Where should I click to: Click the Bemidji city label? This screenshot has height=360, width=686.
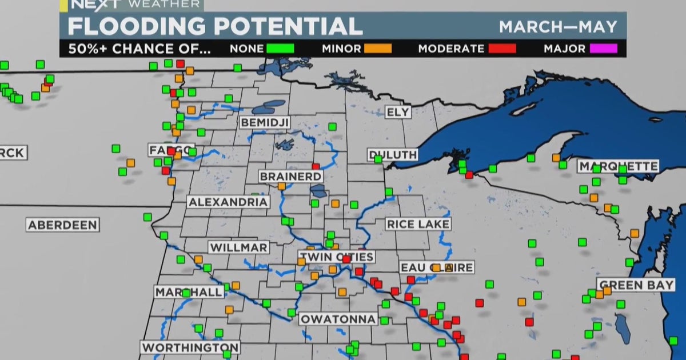(x=265, y=122)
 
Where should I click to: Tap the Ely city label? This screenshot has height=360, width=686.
(x=398, y=112)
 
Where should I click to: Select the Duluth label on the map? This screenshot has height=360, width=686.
(x=393, y=155)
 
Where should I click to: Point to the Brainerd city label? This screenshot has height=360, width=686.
(x=291, y=177)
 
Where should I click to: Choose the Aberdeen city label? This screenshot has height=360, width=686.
(x=63, y=225)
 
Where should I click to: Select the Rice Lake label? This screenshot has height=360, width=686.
(x=418, y=224)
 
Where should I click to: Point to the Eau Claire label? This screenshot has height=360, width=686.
(x=437, y=267)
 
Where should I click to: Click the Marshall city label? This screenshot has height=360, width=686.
(x=189, y=292)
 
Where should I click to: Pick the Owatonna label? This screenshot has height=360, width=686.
(x=338, y=319)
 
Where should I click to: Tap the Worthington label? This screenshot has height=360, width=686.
(x=190, y=347)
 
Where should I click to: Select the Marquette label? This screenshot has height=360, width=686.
(x=618, y=166)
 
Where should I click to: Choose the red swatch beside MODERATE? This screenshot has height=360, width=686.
(x=502, y=49)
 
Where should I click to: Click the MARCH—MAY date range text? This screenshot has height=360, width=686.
(x=558, y=27)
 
